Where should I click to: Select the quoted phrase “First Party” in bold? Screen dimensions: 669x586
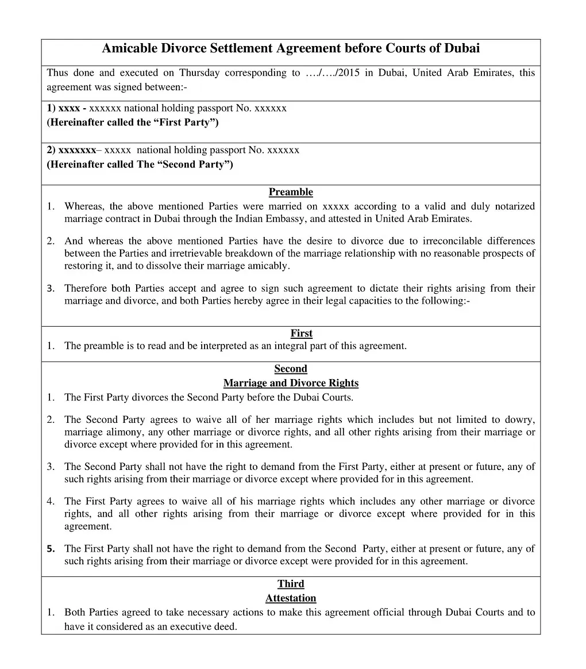point(185,123)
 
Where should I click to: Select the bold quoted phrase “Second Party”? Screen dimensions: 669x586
point(195,165)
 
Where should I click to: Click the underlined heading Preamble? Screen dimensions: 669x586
point(291,192)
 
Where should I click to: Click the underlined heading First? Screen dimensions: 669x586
point(301,334)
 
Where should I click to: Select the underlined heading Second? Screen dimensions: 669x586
point(291,369)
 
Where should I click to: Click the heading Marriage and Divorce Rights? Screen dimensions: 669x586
point(291,383)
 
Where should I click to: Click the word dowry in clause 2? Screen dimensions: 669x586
point(520,420)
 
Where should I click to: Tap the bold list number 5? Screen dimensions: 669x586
point(51,549)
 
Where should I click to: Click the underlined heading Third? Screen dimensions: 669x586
point(291,584)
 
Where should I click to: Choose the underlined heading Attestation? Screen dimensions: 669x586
point(291,598)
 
